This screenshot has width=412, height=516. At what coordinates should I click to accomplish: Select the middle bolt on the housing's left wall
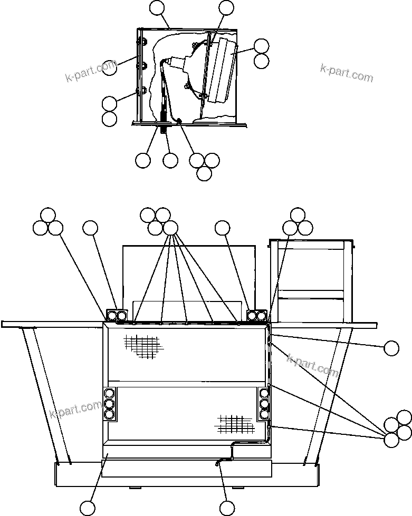pyautogui.click(x=141, y=65)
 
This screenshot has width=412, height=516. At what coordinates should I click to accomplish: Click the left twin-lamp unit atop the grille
pyautogui.click(x=117, y=315)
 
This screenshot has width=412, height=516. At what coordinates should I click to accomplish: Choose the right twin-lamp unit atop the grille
pyautogui.click(x=257, y=315)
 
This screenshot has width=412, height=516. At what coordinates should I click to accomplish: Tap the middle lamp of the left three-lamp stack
pyautogui.click(x=110, y=404)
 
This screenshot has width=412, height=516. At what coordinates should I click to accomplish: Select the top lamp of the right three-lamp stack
pyautogui.click(x=264, y=393)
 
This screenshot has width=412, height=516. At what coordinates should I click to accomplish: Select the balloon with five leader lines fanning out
pyautogui.click(x=170, y=228)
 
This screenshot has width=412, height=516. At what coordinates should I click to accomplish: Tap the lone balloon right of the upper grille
pyautogui.click(x=391, y=348)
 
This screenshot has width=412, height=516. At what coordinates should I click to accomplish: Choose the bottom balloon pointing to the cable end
pyautogui.click(x=227, y=507)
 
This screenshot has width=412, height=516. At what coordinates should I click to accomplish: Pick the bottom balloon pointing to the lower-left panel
pyautogui.click(x=88, y=507)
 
